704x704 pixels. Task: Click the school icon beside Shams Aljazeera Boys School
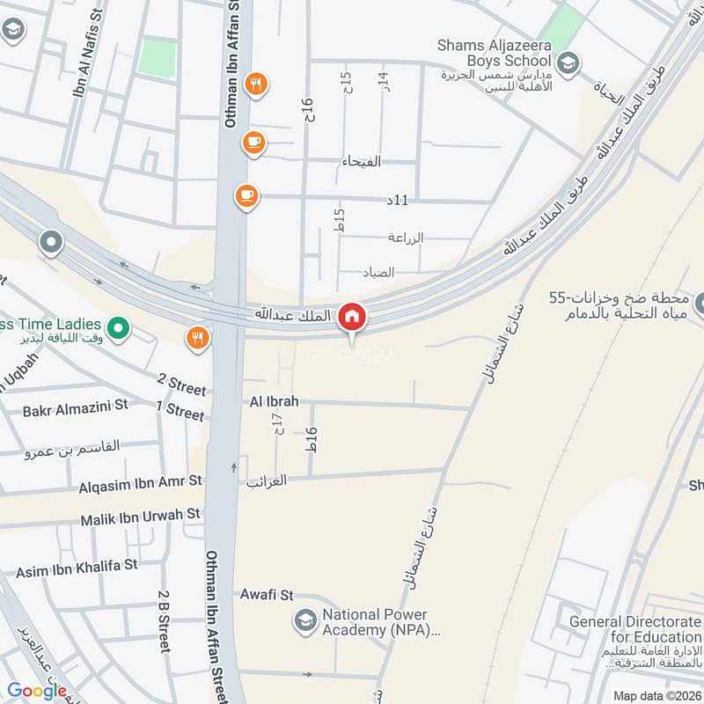pos(568,62)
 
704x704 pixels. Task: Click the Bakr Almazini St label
pos(76,408)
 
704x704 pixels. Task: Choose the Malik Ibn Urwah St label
pos(141,514)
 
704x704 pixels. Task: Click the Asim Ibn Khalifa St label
pos(77,572)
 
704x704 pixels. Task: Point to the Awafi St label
pos(267,596)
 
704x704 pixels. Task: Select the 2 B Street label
pos(165,622)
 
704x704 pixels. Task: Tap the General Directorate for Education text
pos(635,630)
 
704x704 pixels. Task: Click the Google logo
pos(37,691)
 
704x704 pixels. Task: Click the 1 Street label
pos(180,411)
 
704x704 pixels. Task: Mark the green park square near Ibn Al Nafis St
pos(158,57)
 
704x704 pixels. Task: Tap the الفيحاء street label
pos(361,161)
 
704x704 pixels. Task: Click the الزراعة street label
pos(407,238)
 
